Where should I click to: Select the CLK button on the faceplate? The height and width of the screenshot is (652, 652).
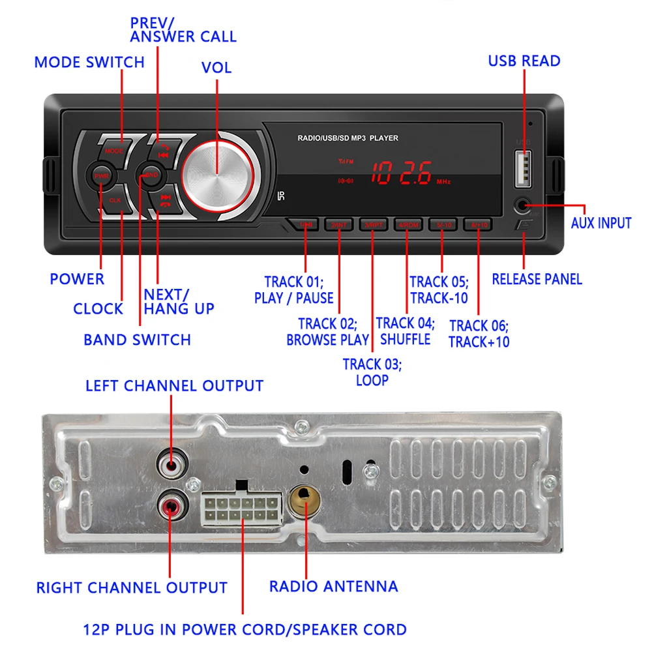coord(115,200)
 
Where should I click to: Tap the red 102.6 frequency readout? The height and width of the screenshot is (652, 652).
coord(401,175)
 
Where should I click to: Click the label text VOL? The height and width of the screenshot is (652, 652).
coord(216,68)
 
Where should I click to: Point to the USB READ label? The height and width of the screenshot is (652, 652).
coord(524,61)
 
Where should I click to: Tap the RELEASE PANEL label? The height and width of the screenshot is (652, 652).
coord(537,279)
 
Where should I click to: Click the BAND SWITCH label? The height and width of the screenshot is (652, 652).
coord(137,340)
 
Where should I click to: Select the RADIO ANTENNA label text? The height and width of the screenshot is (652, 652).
coord(333,586)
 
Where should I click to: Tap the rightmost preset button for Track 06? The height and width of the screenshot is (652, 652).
coord(479,226)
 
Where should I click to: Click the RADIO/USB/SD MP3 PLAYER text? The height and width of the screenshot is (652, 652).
coord(348,138)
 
